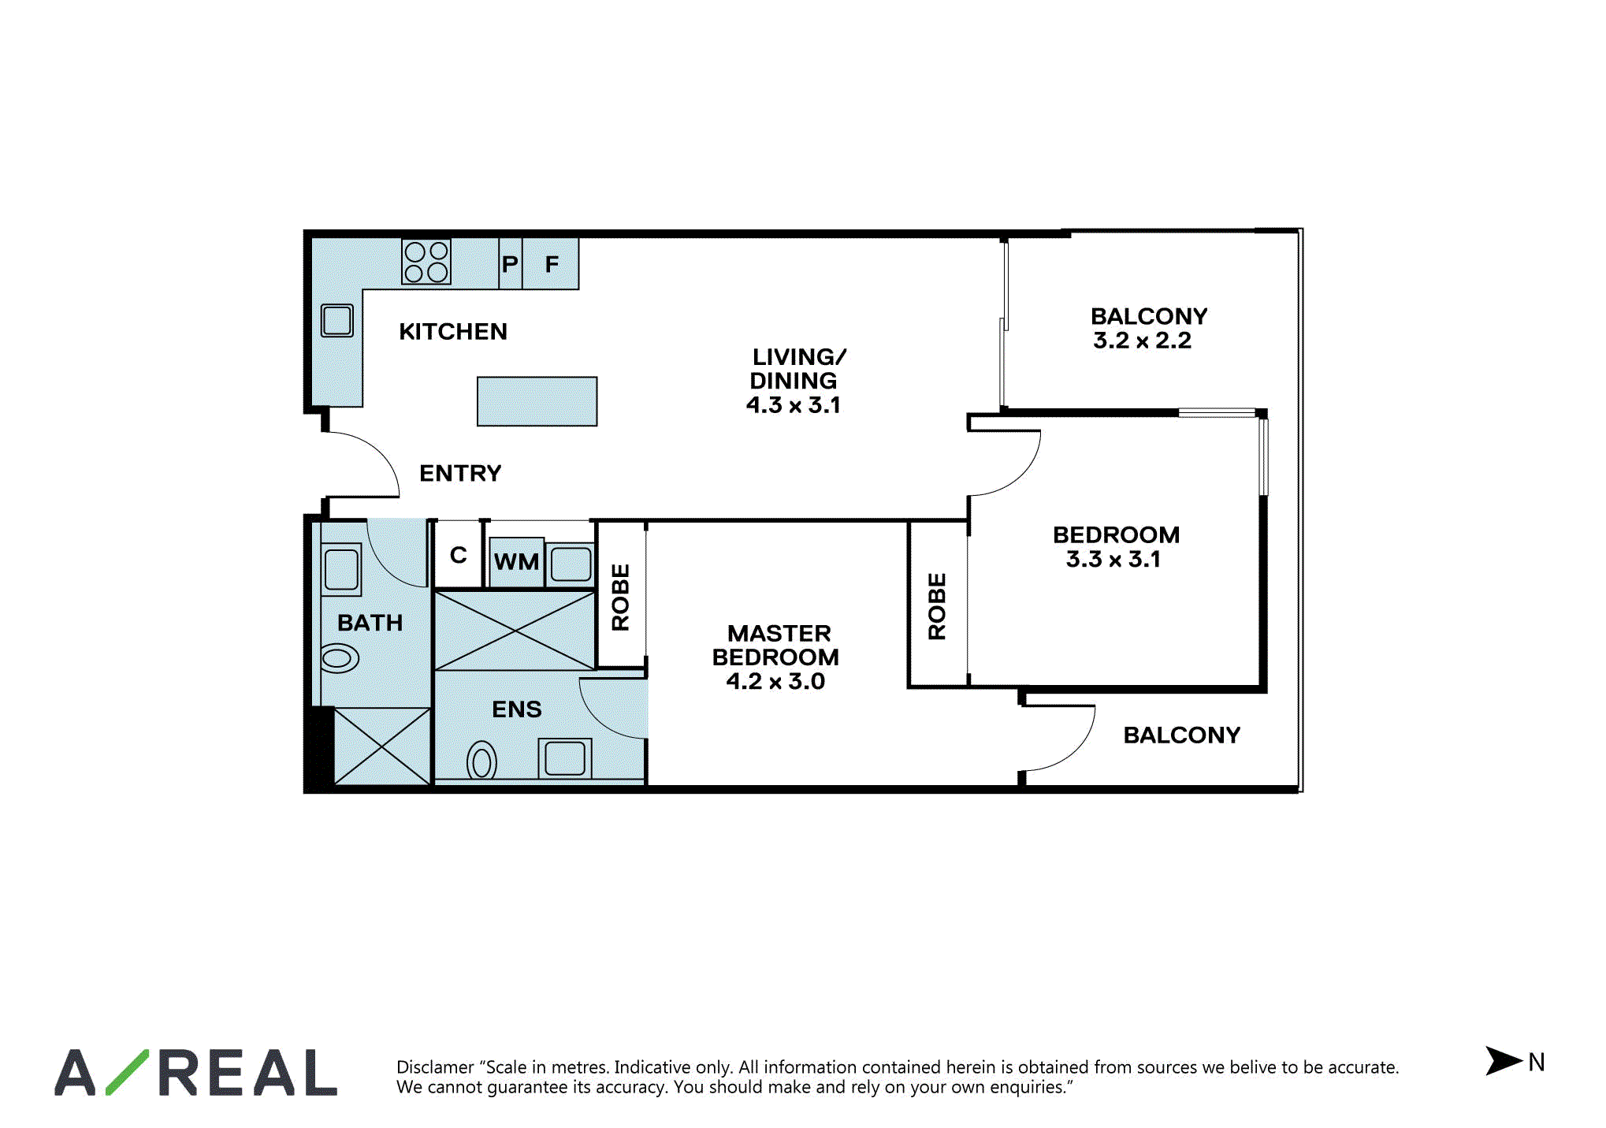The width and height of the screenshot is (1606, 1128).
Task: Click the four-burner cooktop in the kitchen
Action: coord(426,262)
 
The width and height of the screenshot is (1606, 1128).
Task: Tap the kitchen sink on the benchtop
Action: coord(337,321)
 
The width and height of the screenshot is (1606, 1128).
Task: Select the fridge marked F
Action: coord(551,264)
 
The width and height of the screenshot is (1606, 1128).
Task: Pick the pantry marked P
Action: coord(511,264)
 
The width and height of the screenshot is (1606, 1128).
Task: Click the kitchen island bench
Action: coord(537,401)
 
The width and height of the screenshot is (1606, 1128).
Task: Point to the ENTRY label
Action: coord(460,473)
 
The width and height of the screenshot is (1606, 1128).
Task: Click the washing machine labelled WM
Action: coord(517,562)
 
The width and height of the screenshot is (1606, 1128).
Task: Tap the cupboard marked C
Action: coord(458,555)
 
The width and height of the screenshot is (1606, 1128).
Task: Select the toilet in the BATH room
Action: coord(340,658)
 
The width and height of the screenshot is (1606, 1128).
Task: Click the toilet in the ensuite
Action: coord(482,761)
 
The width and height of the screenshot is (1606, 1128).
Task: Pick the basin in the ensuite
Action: coord(565,758)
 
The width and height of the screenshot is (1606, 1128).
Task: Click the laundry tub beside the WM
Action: coord(571,564)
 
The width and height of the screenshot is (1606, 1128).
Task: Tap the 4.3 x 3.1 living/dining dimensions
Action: coord(794,405)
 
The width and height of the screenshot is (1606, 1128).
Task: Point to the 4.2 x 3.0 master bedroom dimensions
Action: coord(775,681)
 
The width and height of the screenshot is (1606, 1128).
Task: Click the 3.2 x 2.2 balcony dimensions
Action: coord(1142,341)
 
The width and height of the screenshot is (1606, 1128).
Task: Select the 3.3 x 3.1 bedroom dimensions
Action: coord(1113,560)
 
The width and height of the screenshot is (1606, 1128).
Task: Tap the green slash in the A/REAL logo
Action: coord(127,1072)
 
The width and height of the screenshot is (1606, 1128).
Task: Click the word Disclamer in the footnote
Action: coord(435,1067)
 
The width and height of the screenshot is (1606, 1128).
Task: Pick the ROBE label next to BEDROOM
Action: coord(937,606)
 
